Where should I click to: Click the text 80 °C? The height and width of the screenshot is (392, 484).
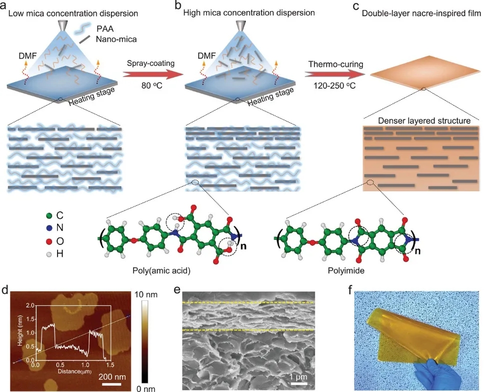150,89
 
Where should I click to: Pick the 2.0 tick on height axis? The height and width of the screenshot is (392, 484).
29,306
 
